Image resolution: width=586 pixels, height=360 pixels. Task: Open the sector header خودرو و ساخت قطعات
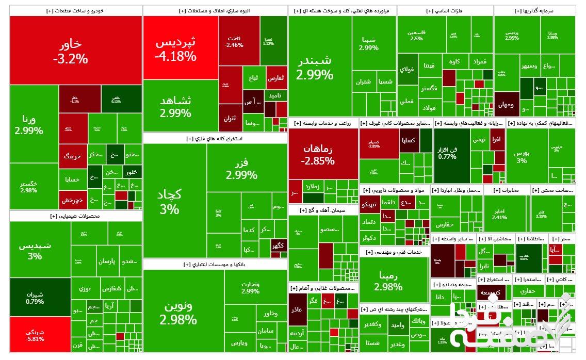pos(76,10)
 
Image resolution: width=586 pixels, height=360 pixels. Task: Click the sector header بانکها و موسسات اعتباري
pos(215,264)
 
